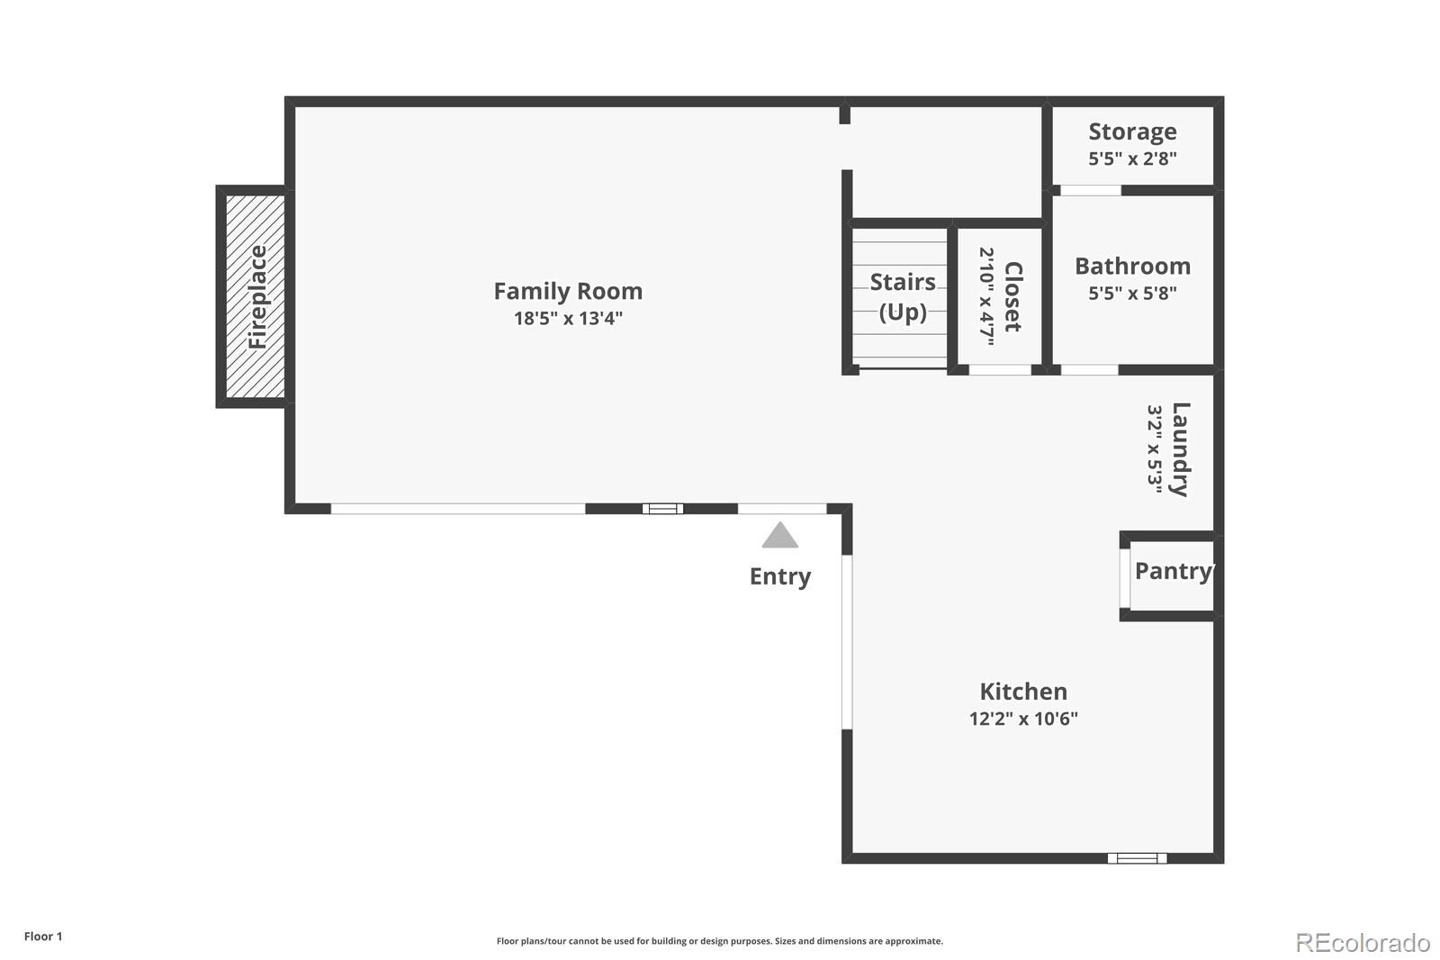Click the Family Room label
point(568,291)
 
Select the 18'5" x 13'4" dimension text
point(568,318)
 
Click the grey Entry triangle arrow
point(779,536)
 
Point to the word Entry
point(779,576)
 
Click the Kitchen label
point(1023,692)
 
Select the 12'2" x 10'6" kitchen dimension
point(1023,719)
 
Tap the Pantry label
point(1173,571)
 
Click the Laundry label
point(1180,449)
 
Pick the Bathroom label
point(1132,267)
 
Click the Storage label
point(1132,131)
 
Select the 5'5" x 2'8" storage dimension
point(1132,158)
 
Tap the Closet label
point(1012,296)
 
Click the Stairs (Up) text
point(903,296)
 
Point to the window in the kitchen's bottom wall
point(1137,858)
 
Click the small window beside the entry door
point(662,509)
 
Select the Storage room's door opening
point(1090,190)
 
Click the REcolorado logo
point(1362,942)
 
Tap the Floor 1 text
point(43,937)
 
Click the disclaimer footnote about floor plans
point(719,941)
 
